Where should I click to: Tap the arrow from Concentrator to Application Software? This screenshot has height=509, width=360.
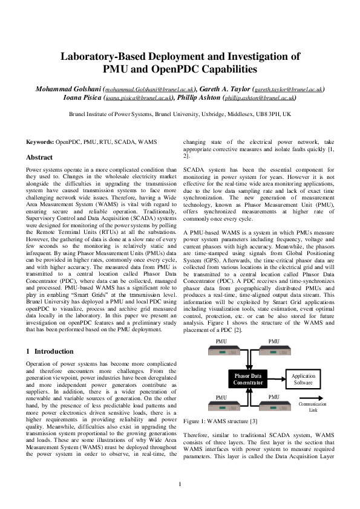click(x=277, y=379)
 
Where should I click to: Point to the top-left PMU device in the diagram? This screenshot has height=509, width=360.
click(x=224, y=350)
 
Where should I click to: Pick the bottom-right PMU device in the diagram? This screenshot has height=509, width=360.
click(x=273, y=406)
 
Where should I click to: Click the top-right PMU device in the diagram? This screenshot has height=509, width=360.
click(x=273, y=350)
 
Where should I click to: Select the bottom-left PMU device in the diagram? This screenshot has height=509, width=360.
click(x=224, y=406)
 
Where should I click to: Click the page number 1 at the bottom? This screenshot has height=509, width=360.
click(x=180, y=483)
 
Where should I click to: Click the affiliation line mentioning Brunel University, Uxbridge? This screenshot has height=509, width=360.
click(x=180, y=113)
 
